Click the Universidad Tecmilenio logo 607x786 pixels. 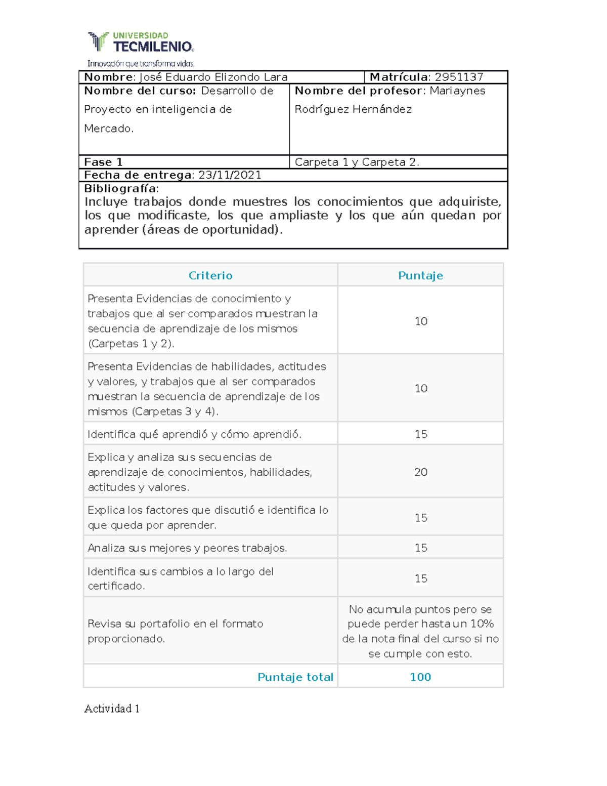click(141, 43)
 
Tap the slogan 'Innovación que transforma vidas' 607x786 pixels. click(141, 64)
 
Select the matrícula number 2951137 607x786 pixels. click(459, 77)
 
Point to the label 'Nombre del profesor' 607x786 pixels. click(358, 91)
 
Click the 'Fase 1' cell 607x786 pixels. click(103, 162)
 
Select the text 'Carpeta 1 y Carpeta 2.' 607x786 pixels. click(357, 162)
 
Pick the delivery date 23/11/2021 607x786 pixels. click(230, 175)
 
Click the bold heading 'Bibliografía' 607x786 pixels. click(120, 188)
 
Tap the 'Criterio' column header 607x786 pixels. click(210, 275)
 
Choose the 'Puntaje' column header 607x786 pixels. click(420, 275)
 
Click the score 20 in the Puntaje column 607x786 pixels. click(420, 472)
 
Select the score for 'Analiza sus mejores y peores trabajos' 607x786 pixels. click(420, 548)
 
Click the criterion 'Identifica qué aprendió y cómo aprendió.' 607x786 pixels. click(194, 434)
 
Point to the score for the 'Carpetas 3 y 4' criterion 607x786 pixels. click(420, 388)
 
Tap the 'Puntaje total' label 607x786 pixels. click(295, 677)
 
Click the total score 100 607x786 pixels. click(420, 677)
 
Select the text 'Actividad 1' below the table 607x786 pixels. click(112, 709)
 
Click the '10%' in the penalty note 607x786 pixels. click(482, 624)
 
